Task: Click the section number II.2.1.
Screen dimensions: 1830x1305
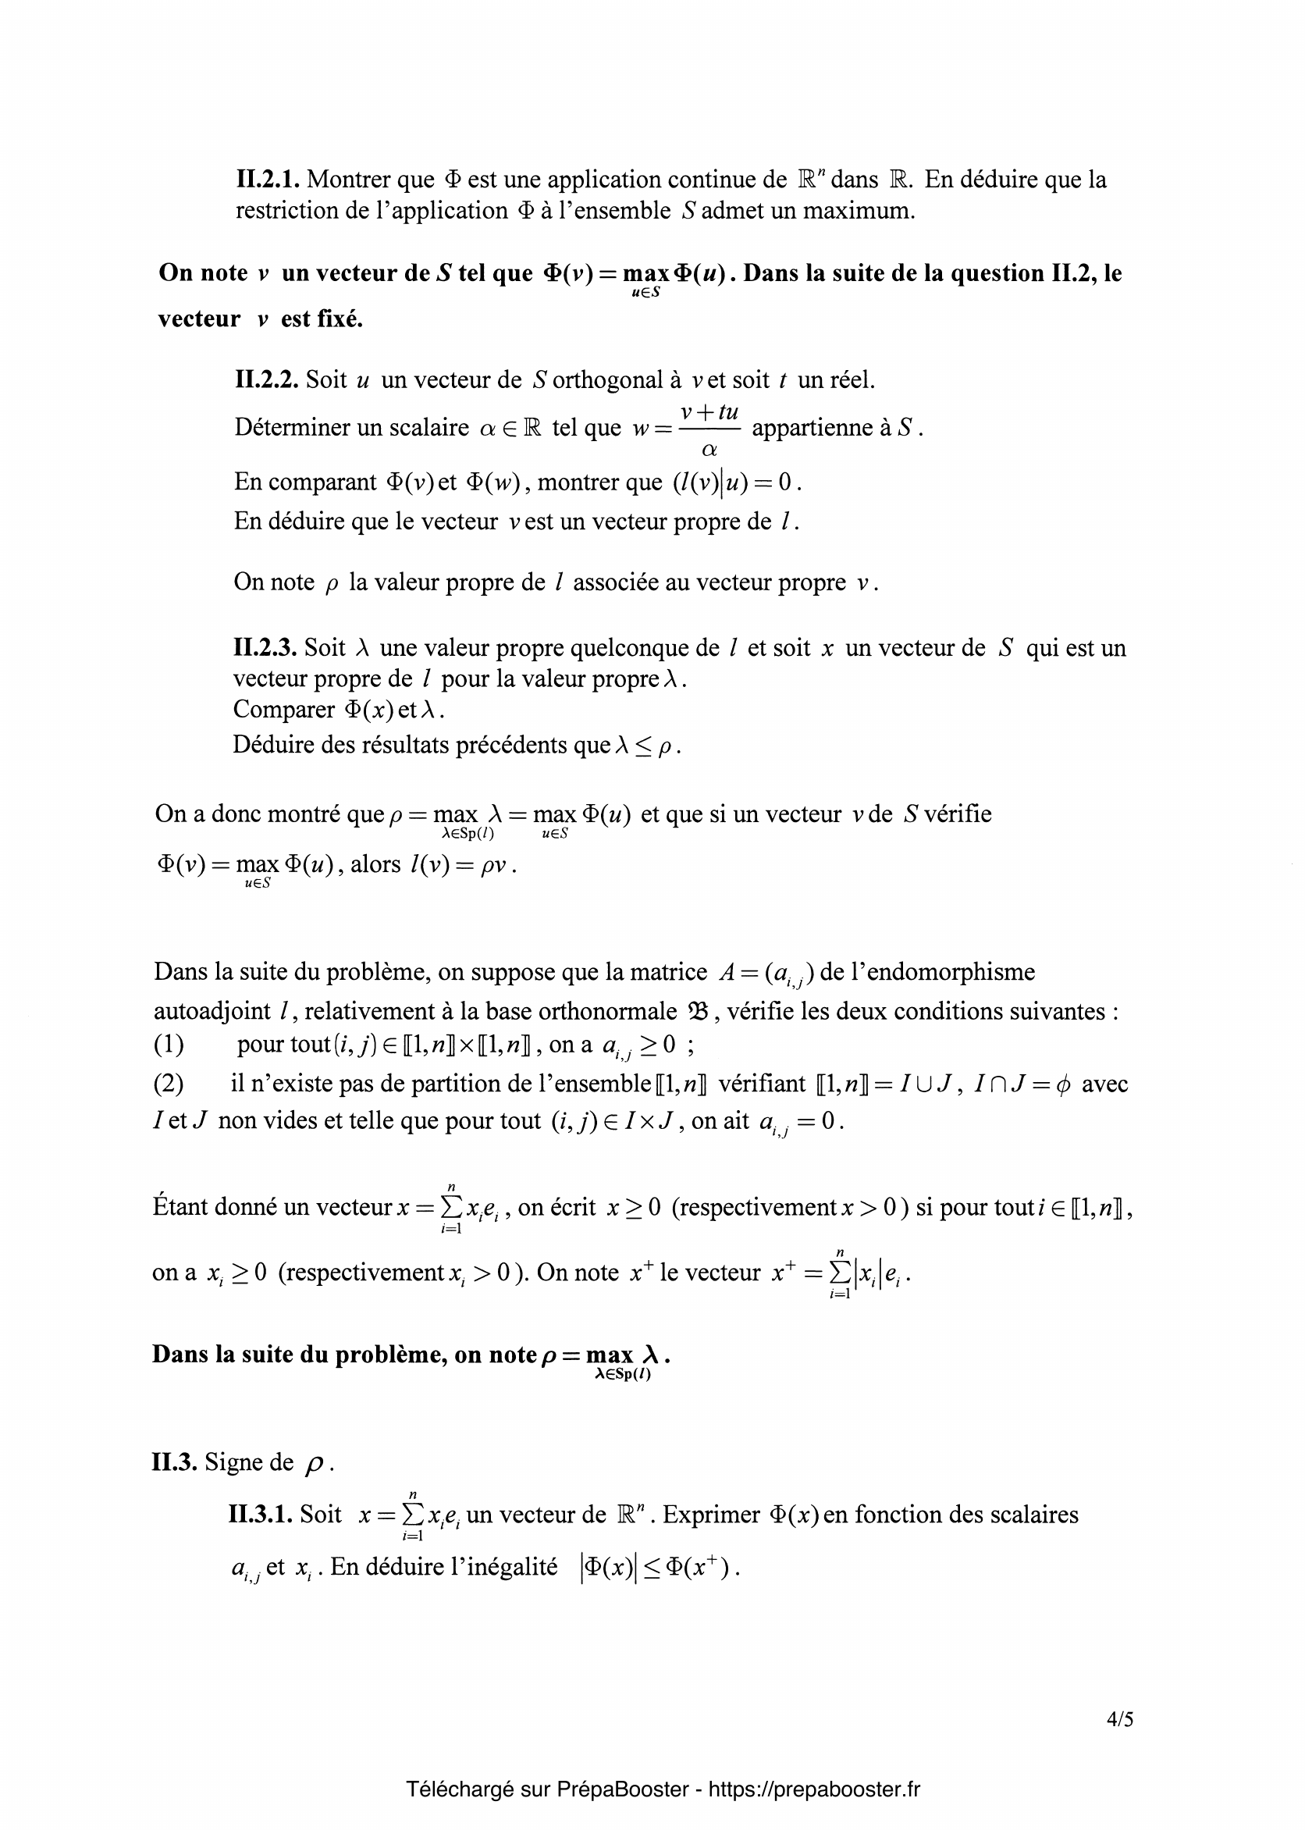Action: pyautogui.click(x=268, y=180)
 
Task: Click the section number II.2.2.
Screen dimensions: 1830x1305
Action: pyautogui.click(x=267, y=379)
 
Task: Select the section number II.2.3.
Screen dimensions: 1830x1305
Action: pyautogui.click(x=265, y=648)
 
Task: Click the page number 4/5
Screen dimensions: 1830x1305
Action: pyautogui.click(x=1119, y=1719)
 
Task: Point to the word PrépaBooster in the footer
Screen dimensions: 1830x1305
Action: pyautogui.click(x=622, y=1789)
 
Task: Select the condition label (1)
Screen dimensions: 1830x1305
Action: pyautogui.click(x=169, y=1044)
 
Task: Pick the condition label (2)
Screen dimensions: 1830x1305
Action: pyautogui.click(x=169, y=1084)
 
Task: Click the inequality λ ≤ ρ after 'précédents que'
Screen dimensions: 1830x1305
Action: pyautogui.click(x=647, y=746)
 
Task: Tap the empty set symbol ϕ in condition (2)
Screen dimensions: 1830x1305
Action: pyautogui.click(x=1061, y=1084)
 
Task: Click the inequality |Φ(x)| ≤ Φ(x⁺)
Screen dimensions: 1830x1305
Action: pyautogui.click(x=658, y=1568)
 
